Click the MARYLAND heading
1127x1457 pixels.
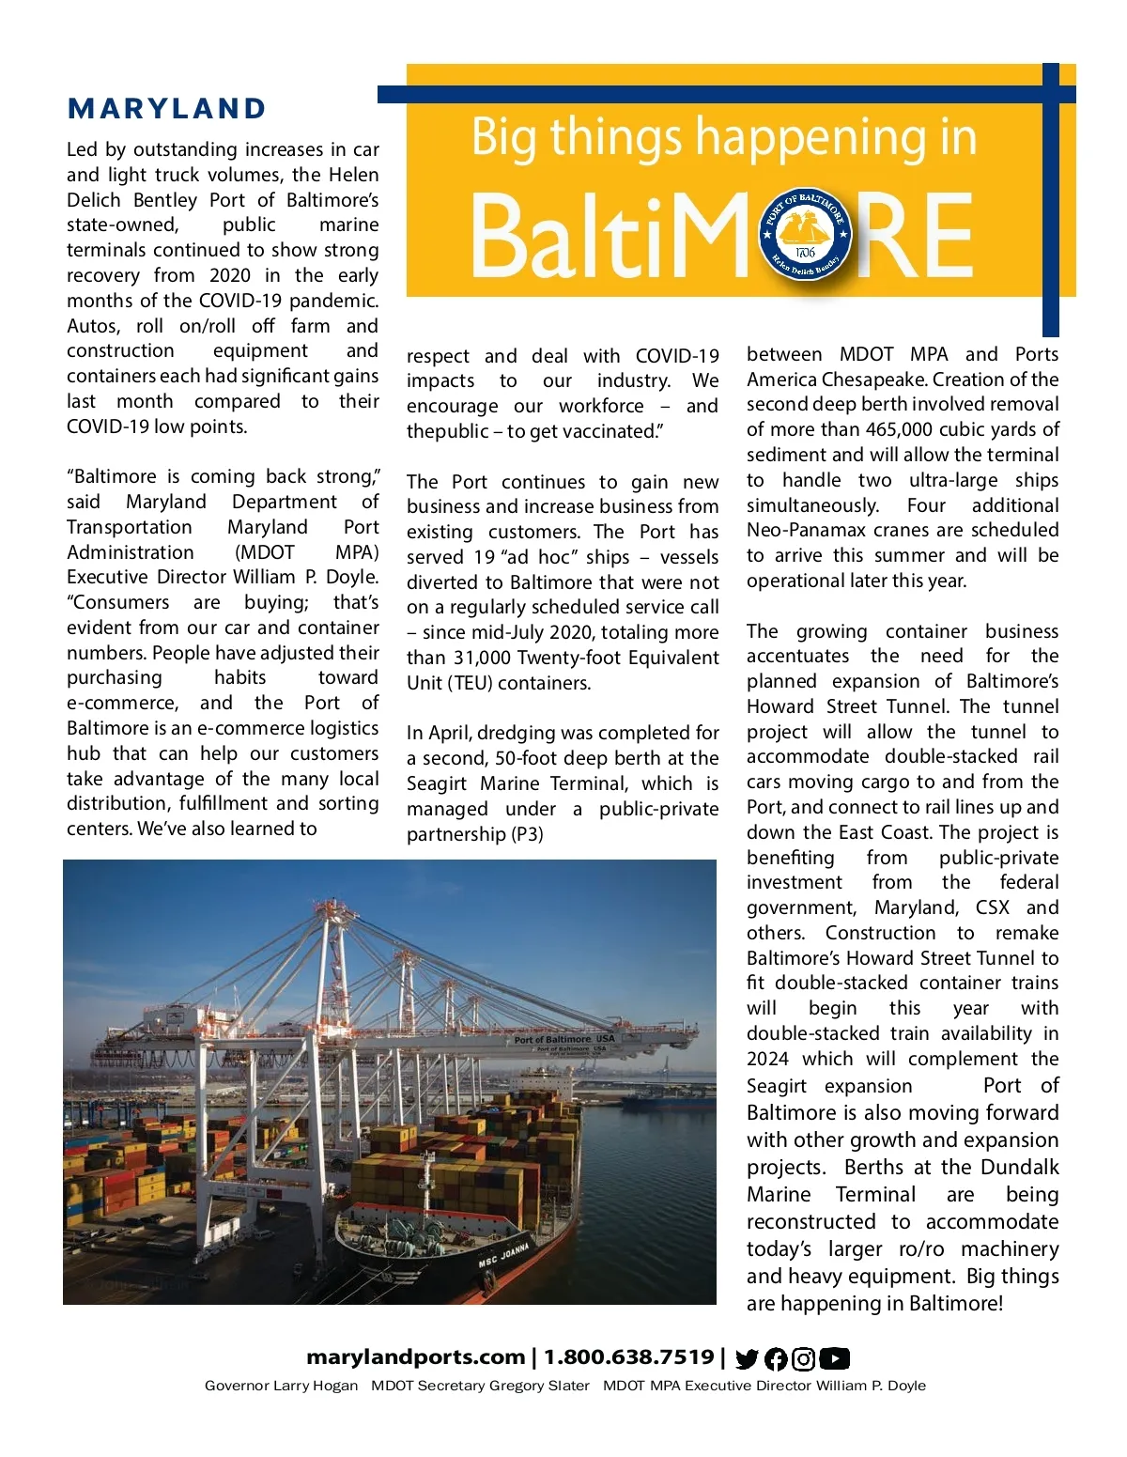[x=167, y=109]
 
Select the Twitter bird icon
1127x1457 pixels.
[x=747, y=1358]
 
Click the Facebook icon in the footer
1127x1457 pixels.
[x=776, y=1358]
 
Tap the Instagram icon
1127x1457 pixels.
[x=803, y=1358]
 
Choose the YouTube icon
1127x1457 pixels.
[x=834, y=1358]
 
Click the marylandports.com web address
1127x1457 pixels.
[x=415, y=1357]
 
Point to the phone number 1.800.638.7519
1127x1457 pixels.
[x=628, y=1357]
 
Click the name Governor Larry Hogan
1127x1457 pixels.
[x=281, y=1386]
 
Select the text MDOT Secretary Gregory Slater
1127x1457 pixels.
[x=480, y=1386]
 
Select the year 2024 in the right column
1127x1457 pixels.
[x=767, y=1059]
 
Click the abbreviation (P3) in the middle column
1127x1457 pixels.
[x=527, y=834]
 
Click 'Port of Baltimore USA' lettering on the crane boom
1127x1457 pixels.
[x=563, y=1040]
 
